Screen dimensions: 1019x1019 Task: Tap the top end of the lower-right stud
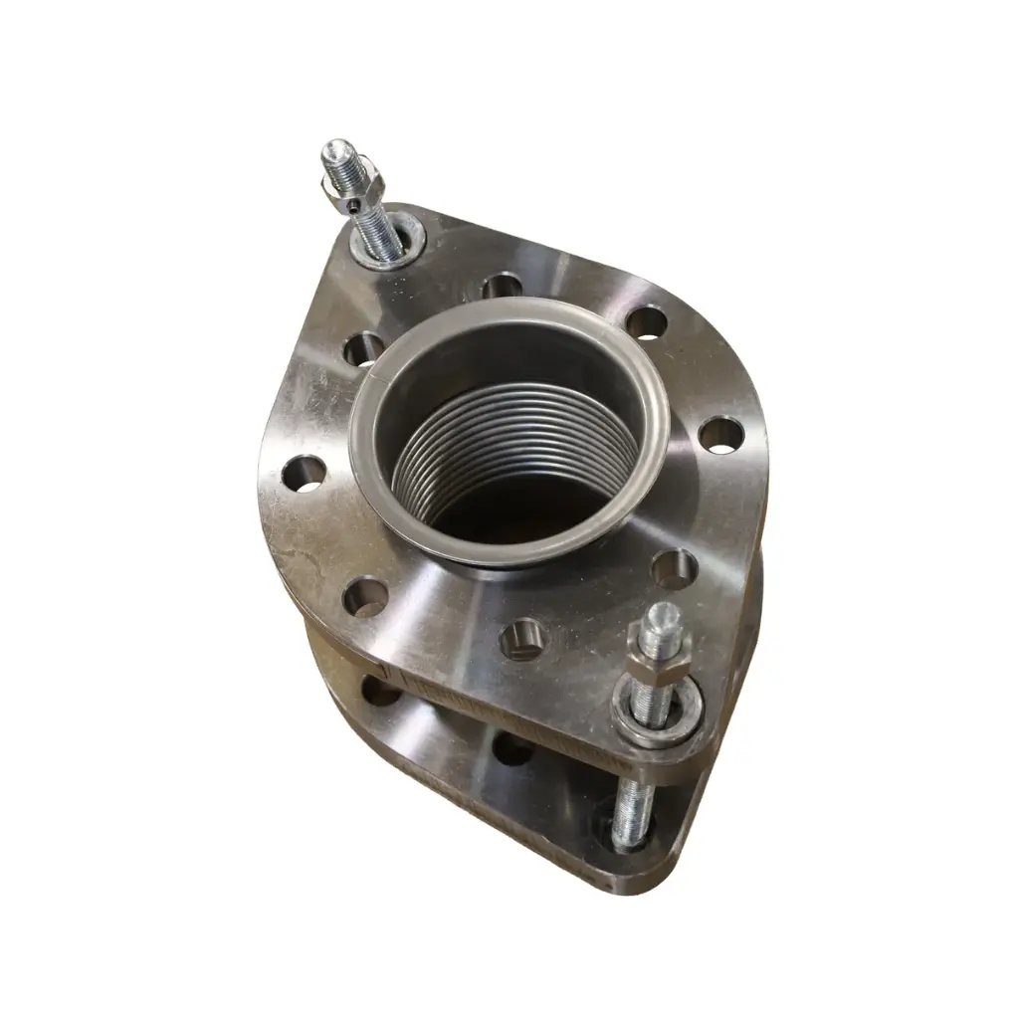pyautogui.click(x=658, y=613)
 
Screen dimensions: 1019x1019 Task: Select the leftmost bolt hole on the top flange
pyautogui.click(x=305, y=474)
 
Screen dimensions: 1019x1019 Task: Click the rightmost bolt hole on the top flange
pyautogui.click(x=720, y=434)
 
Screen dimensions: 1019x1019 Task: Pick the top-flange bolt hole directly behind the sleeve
pyautogui.click(x=502, y=286)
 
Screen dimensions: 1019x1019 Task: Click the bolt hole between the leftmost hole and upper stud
pyautogui.click(x=364, y=348)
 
